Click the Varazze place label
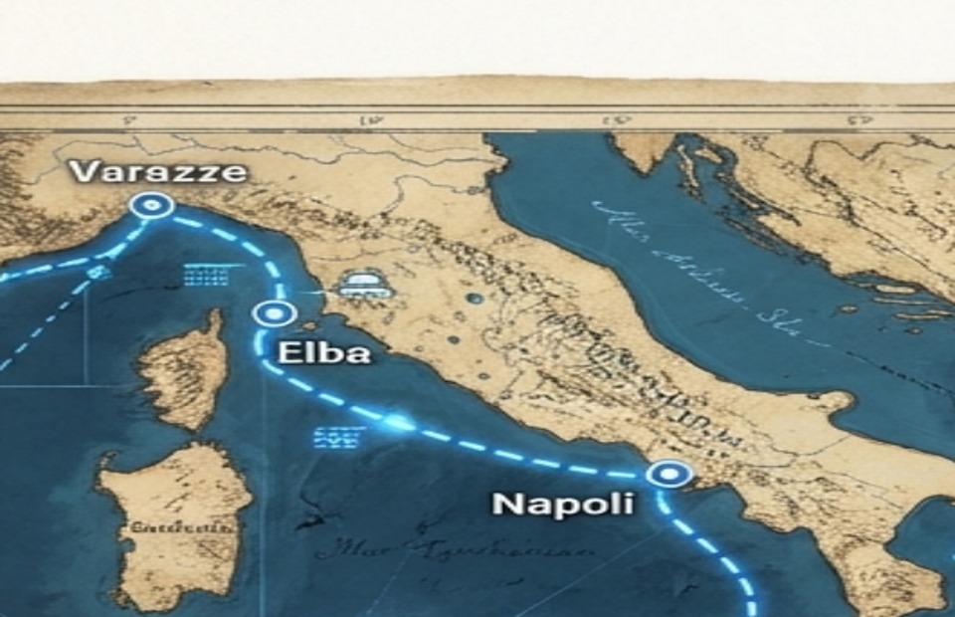pyautogui.click(x=158, y=172)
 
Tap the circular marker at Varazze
pyautogui.click(x=152, y=206)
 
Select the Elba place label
pyautogui.click(x=324, y=352)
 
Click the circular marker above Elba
pyautogui.click(x=272, y=314)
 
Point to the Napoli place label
pyautogui.click(x=562, y=504)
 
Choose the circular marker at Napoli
pyautogui.click(x=668, y=474)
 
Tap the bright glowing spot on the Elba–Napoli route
pyautogui.click(x=398, y=422)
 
